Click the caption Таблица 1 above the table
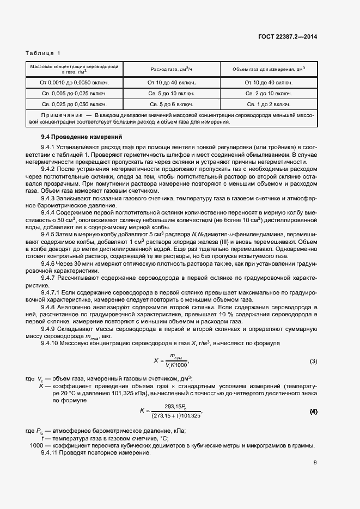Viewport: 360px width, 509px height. click(43, 53)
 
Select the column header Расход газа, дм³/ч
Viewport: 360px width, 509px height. click(171, 69)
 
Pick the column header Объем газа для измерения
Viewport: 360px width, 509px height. click(269, 69)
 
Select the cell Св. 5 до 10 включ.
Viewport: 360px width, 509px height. click(171, 93)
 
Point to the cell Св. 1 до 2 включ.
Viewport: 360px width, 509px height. click(269, 103)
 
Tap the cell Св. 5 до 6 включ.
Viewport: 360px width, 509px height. click(171, 103)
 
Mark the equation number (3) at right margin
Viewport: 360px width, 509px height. click(313, 361)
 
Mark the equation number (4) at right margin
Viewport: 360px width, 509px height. click(313, 410)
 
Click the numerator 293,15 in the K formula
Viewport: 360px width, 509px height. click(172, 406)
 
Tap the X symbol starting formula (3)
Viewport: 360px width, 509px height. click(155, 360)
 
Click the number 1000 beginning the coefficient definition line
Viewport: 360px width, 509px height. click(36, 445)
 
